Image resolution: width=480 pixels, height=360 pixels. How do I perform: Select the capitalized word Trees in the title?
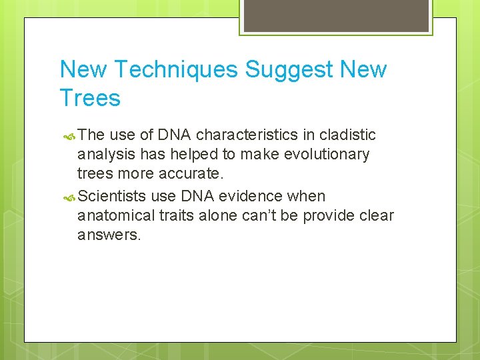coord(90,99)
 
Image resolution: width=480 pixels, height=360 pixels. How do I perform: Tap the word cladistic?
coord(347,135)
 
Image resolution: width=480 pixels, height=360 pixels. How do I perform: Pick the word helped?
coord(192,155)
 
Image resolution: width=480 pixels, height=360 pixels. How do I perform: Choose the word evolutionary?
coord(325,155)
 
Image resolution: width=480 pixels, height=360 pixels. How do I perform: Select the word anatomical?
coord(115,216)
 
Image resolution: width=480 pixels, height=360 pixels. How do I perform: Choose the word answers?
coord(109,235)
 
